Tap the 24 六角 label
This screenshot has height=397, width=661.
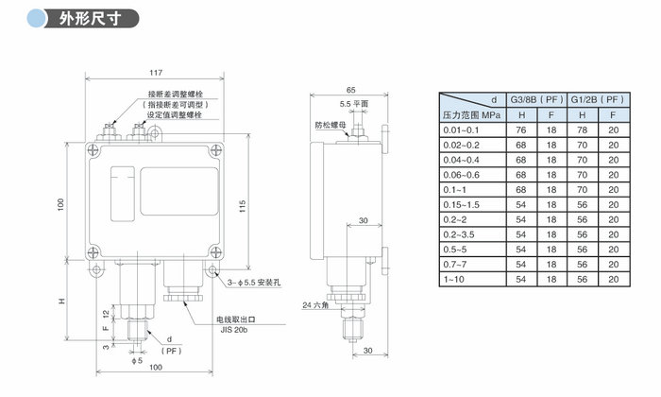tap(316, 305)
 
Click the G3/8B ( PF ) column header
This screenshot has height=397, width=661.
tap(537, 98)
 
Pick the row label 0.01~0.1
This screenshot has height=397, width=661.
tap(464, 129)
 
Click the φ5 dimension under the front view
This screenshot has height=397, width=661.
tap(137, 361)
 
